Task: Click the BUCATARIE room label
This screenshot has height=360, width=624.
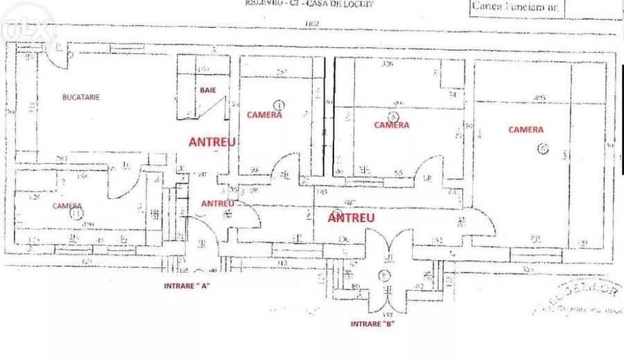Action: click(x=80, y=98)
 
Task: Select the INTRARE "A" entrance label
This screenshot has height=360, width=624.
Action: click(x=186, y=286)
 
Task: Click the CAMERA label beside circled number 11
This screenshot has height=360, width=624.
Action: click(x=67, y=206)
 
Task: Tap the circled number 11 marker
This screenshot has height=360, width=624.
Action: click(x=75, y=215)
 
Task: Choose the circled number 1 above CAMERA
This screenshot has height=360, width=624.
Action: click(x=279, y=105)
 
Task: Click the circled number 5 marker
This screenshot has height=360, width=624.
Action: click(x=393, y=117)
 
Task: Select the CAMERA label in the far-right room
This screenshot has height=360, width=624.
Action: click(x=526, y=130)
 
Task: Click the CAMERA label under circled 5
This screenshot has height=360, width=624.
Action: click(x=392, y=126)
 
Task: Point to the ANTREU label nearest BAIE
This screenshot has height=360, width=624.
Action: click(x=213, y=142)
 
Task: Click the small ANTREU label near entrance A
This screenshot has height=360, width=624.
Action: click(x=216, y=203)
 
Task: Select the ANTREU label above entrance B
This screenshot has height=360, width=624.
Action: click(x=352, y=217)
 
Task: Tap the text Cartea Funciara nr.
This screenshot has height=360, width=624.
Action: click(x=517, y=8)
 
